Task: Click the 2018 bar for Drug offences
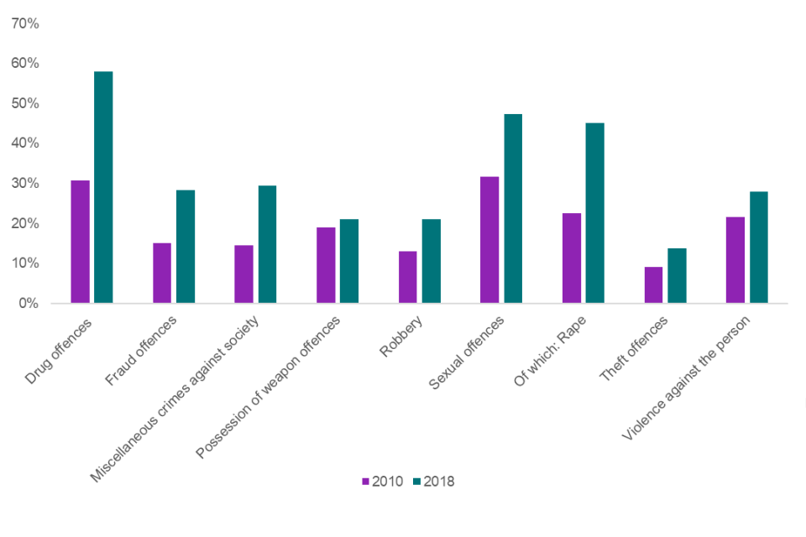pyautogui.click(x=103, y=187)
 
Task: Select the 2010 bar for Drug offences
pyautogui.click(x=81, y=242)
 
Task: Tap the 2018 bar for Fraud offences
pyautogui.click(x=186, y=247)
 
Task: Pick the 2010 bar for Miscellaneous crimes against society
pyautogui.click(x=244, y=274)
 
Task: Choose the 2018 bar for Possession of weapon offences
pyautogui.click(x=349, y=261)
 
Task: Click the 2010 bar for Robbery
pyautogui.click(x=408, y=277)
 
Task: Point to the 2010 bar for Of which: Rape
pyautogui.click(x=572, y=258)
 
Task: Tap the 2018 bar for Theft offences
pyautogui.click(x=677, y=275)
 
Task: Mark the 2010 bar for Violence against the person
pyautogui.click(x=735, y=260)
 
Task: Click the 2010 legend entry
pyautogui.click(x=383, y=482)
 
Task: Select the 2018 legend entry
pyautogui.click(x=433, y=482)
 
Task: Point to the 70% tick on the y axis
pyautogui.click(x=25, y=23)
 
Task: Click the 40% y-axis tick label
pyautogui.click(x=25, y=143)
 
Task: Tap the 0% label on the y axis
pyautogui.click(x=29, y=303)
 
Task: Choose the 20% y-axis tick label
pyautogui.click(x=25, y=223)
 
